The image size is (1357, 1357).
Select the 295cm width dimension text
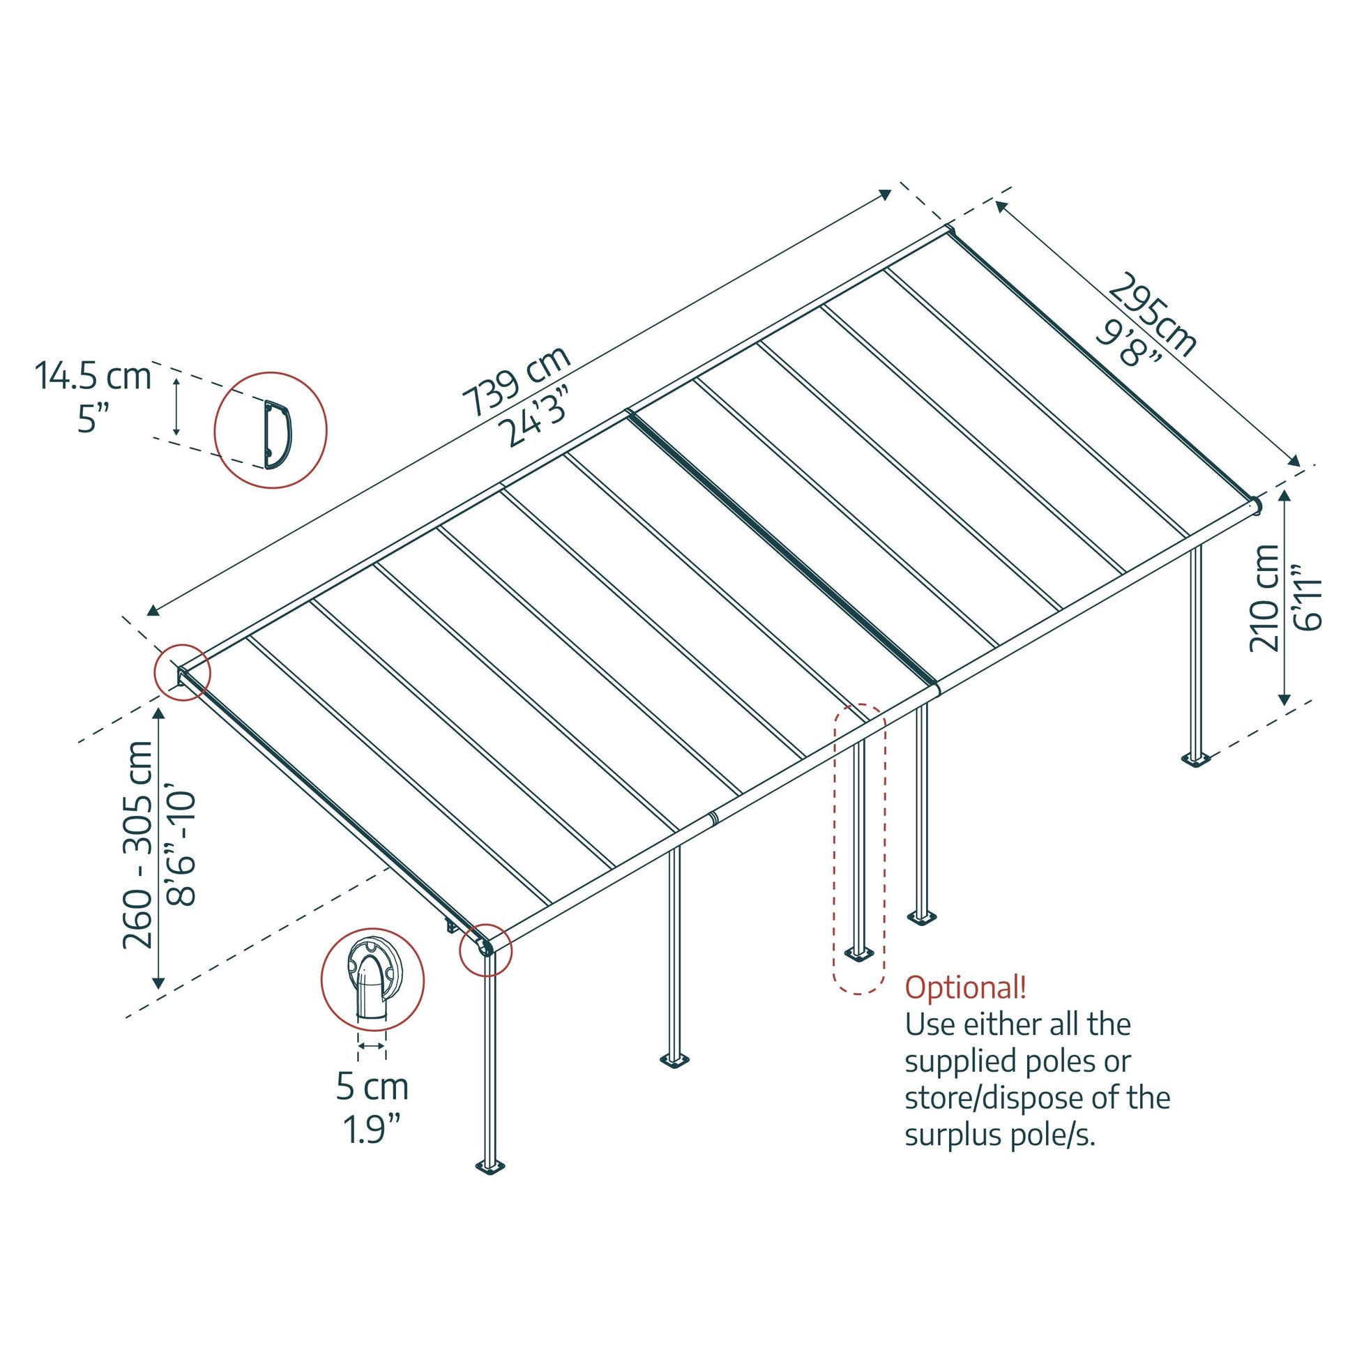1153,313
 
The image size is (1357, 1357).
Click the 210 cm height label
1265,598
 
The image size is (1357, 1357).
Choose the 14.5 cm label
93,377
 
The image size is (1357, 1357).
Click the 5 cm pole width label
372,1087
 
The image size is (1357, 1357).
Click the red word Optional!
965,987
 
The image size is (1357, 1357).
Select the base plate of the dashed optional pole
858,954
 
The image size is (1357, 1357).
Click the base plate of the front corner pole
490,1167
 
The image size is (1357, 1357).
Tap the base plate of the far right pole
1195,759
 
